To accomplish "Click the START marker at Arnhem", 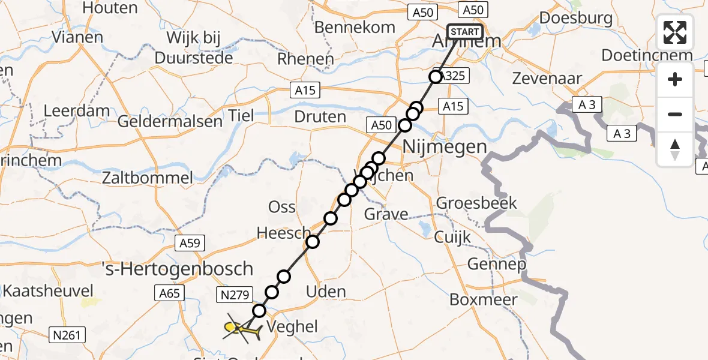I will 464,32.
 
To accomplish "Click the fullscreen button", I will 675,32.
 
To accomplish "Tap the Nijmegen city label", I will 444,146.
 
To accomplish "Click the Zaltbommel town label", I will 148,178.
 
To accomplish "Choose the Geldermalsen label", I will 170,121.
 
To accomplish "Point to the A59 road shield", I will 191,243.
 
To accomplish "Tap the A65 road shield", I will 170,293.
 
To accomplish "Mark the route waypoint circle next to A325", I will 436,77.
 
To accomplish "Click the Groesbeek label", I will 476,203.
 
